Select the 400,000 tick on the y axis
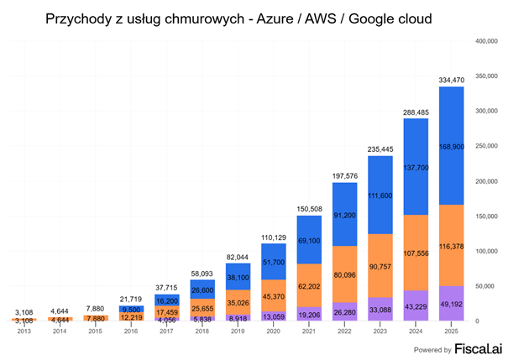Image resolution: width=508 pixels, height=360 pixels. [x=486, y=40]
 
